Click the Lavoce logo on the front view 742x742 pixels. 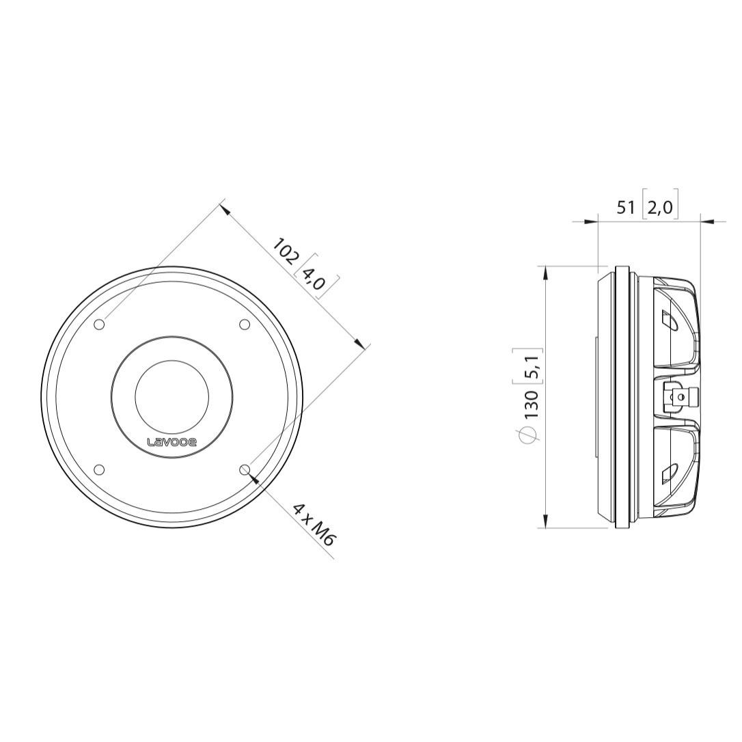pos(171,443)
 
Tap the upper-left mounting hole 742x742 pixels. pos(100,325)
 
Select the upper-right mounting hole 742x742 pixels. pos(244,325)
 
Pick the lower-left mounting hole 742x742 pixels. pos(99,469)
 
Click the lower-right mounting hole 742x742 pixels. pos(245,469)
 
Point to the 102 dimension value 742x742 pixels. pos(286,251)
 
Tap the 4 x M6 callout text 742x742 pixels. pos(314,525)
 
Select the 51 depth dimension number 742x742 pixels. pos(626,207)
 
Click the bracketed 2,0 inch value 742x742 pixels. pos(659,207)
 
